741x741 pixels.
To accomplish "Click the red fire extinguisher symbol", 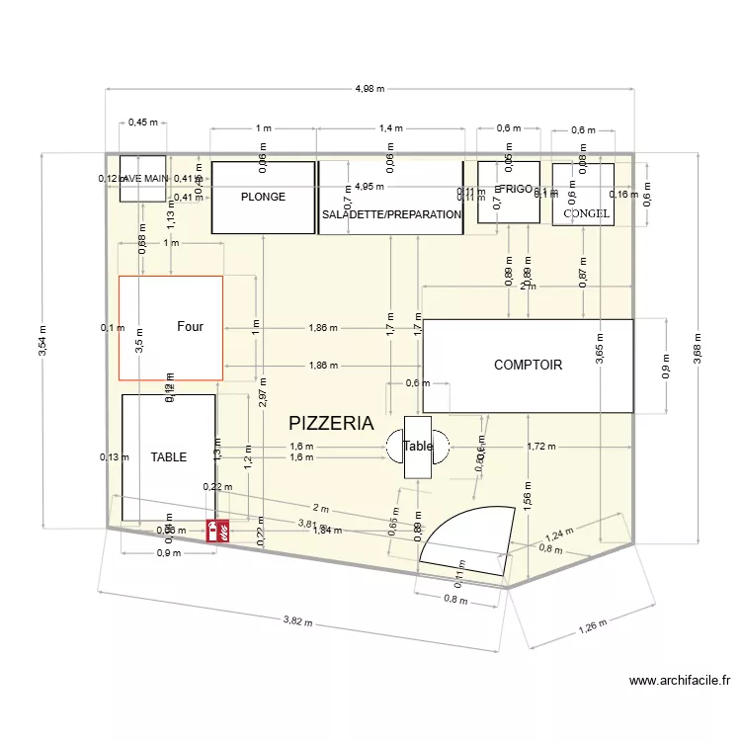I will click(x=218, y=531).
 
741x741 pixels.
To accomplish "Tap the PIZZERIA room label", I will click(x=331, y=423).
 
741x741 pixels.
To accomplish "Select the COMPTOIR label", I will click(x=528, y=365).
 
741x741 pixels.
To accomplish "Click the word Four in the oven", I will click(x=190, y=326).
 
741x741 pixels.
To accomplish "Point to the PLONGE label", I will click(x=263, y=197).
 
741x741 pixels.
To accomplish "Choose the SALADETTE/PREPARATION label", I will click(x=391, y=214).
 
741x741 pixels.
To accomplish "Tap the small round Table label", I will click(x=418, y=447).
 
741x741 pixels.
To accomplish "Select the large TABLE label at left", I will click(x=169, y=457).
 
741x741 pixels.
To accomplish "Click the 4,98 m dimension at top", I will click(x=370, y=88).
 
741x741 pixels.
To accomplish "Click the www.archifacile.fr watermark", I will click(x=680, y=680).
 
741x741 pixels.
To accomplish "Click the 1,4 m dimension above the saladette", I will click(x=391, y=128).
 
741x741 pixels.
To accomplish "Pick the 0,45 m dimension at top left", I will click(x=143, y=123).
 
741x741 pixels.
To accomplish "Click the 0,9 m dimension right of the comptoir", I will click(x=666, y=366).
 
